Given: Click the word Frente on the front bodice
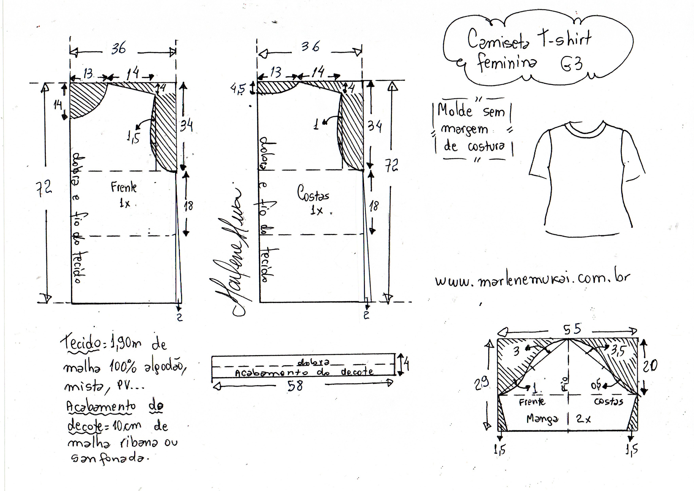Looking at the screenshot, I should [x=123, y=188].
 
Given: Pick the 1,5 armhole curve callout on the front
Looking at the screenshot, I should [x=133, y=138].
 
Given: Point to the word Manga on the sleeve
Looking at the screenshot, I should [x=542, y=419].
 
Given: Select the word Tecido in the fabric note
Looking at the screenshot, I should [x=81, y=344].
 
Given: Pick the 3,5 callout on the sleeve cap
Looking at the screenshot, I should [x=618, y=351].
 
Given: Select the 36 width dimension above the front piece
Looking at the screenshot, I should [x=119, y=48].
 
